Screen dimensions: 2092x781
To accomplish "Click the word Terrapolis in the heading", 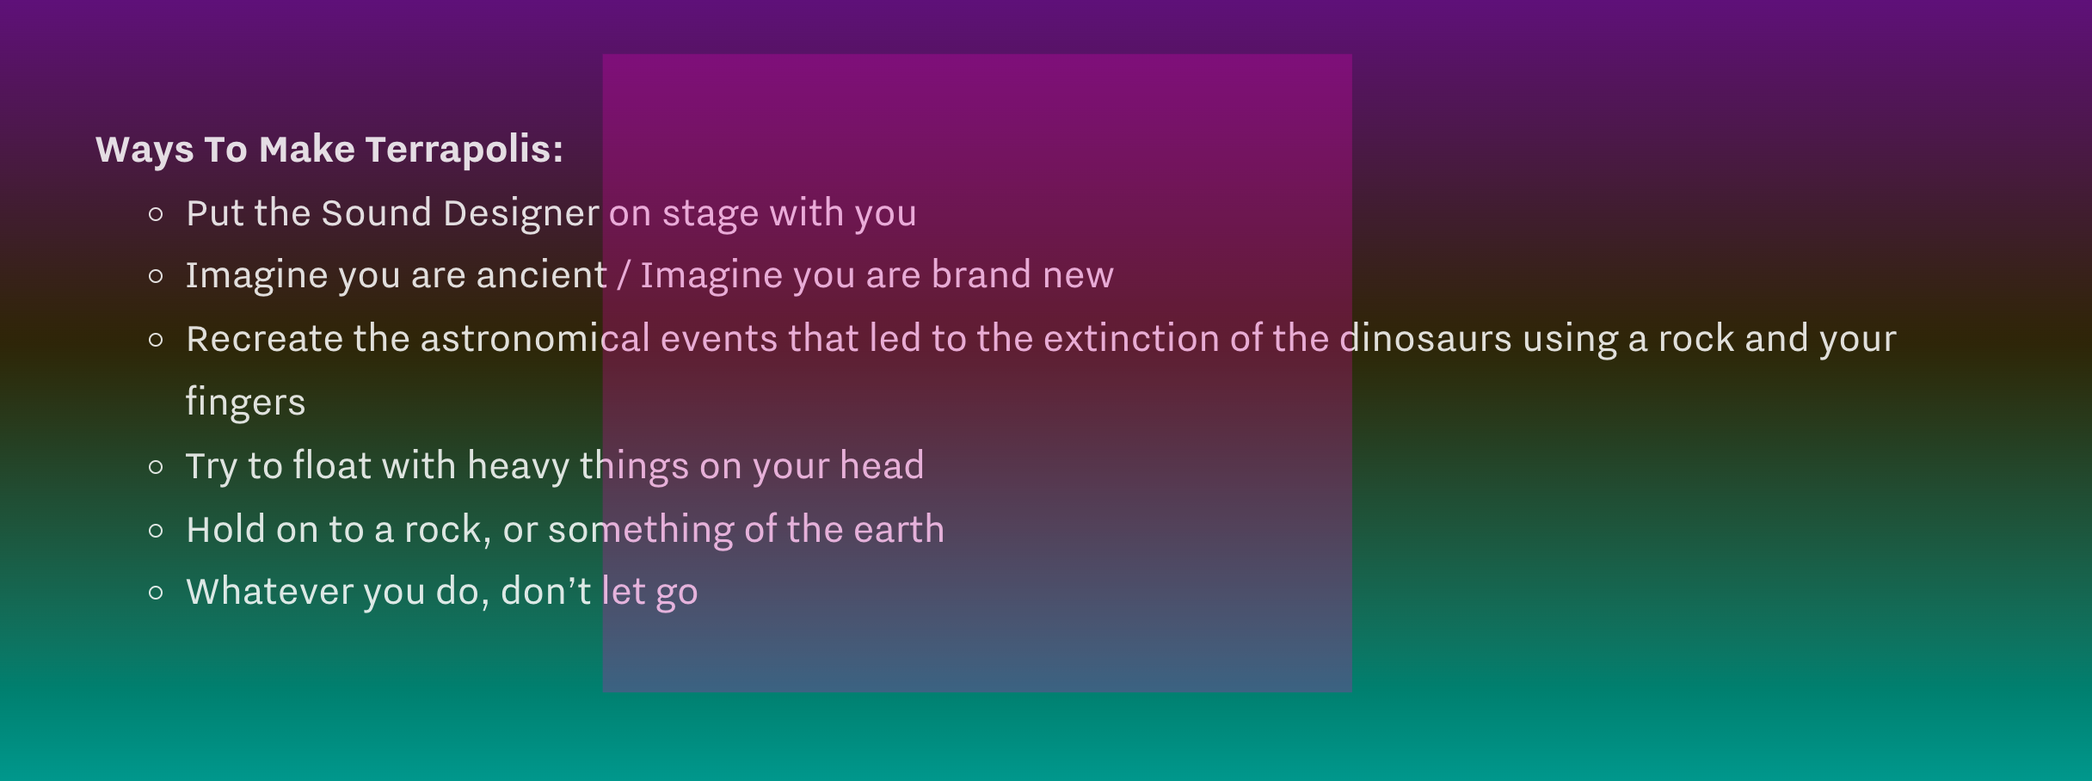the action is [465, 150].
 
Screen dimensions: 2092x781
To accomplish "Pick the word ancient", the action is [541, 275].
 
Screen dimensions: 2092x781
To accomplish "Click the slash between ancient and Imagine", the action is [624, 276].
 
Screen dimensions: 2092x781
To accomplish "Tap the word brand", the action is [981, 275].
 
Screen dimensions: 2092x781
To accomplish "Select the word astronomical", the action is [535, 339].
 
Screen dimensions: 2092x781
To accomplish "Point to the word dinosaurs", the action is [1425, 339].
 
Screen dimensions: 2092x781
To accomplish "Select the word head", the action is [882, 465].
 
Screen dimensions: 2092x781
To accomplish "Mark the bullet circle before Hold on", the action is [156, 531].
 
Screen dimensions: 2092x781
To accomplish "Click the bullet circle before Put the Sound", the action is [156, 214].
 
